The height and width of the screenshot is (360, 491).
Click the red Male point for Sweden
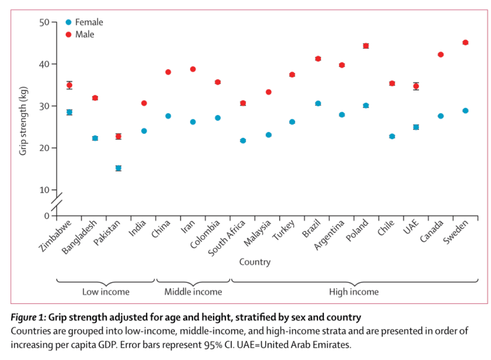[465, 43]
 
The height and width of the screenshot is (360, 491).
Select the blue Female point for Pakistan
[118, 168]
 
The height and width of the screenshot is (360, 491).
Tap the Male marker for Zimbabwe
[69, 85]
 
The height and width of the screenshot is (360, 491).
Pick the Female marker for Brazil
[318, 104]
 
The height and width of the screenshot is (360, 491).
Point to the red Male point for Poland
[366, 46]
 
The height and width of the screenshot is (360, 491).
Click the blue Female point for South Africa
[243, 141]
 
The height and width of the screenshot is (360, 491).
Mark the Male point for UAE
[416, 86]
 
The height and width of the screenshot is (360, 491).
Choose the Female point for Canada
[440, 116]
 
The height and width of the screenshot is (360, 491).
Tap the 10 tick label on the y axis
[44, 190]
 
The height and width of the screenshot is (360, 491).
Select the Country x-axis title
[255, 262]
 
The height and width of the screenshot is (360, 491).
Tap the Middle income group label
[193, 292]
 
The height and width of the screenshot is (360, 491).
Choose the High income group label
[354, 292]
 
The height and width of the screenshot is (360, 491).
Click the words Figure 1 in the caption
[28, 317]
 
